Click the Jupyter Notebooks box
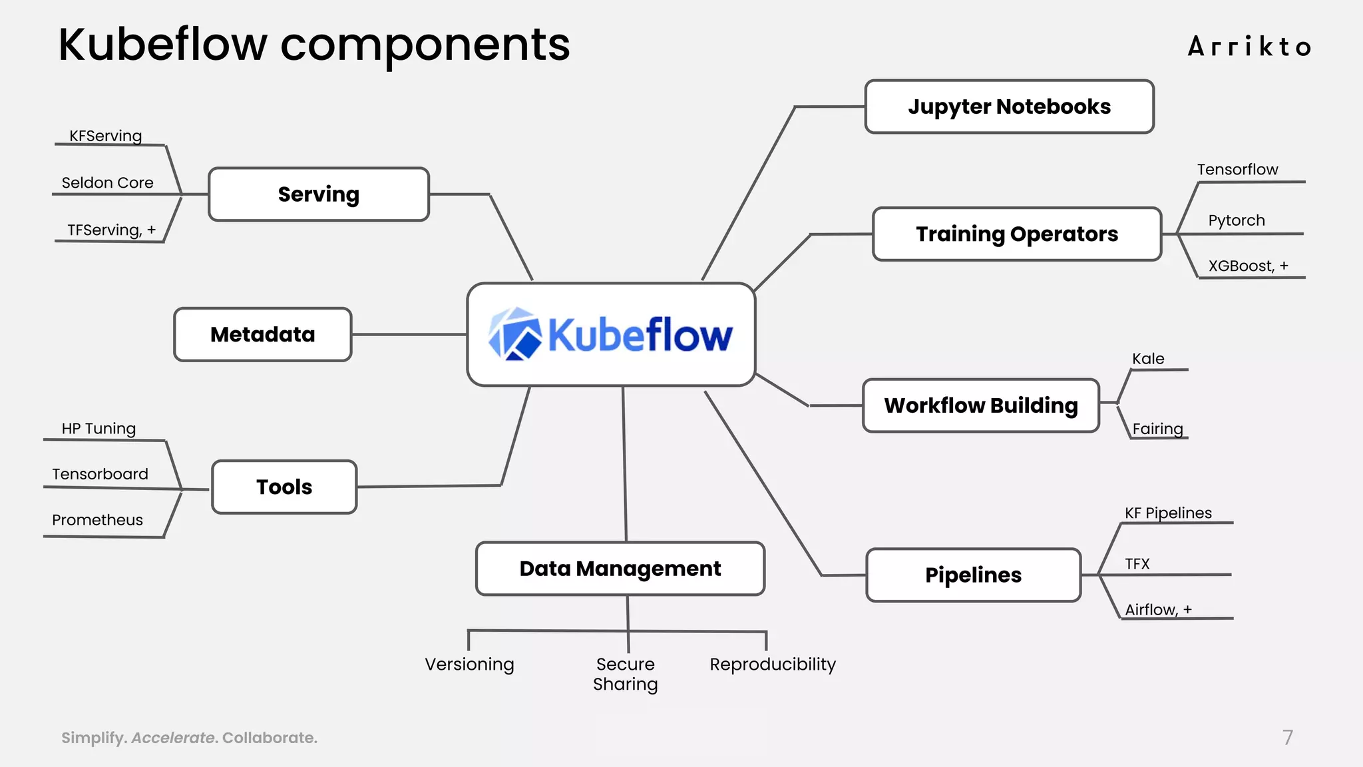click(1009, 107)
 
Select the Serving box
click(319, 194)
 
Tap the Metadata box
click(263, 334)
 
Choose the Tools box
click(284, 487)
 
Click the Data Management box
click(620, 569)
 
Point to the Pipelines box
click(973, 575)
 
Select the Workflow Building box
click(981, 405)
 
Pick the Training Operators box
click(1017, 234)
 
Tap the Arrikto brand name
click(1249, 47)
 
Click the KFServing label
click(106, 136)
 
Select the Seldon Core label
click(107, 182)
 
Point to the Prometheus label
click(97, 520)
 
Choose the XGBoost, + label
click(1248, 266)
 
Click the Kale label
click(1148, 359)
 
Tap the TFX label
click(1137, 564)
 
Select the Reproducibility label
click(773, 664)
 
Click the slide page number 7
click(1288, 737)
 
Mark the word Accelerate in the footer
click(173, 738)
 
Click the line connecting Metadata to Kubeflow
click(409, 334)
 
